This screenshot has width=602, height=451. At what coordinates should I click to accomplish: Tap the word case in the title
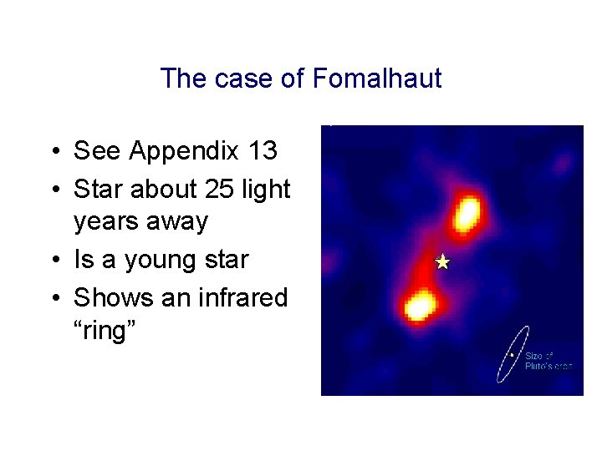[244, 79]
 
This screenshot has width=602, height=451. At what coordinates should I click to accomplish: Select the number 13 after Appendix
[263, 151]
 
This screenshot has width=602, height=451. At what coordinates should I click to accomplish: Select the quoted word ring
[105, 332]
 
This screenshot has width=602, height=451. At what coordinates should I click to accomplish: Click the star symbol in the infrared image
[443, 262]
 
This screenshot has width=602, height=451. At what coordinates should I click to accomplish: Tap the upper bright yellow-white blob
[467, 214]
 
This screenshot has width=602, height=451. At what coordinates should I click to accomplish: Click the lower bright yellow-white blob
[418, 306]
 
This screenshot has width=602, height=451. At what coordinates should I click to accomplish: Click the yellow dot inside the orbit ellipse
[511, 354]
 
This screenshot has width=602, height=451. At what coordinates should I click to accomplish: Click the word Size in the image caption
[533, 356]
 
